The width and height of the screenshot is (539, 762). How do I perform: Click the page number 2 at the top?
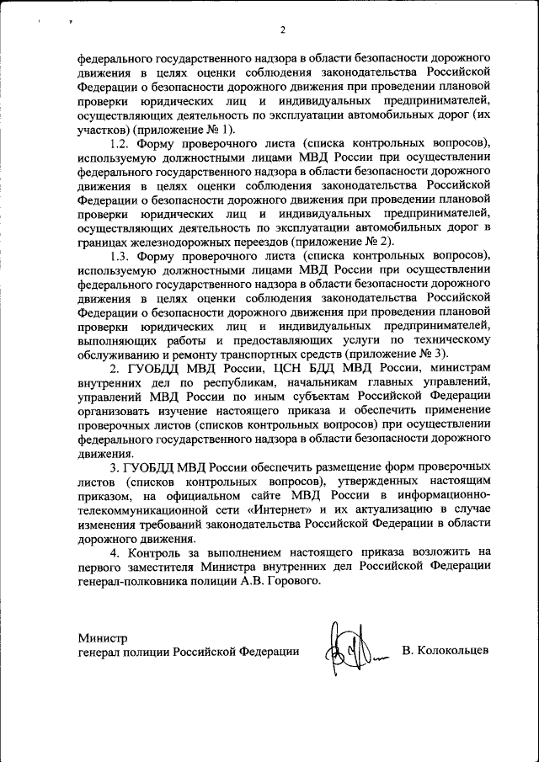(283, 31)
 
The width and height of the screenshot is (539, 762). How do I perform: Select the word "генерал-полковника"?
(130, 581)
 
